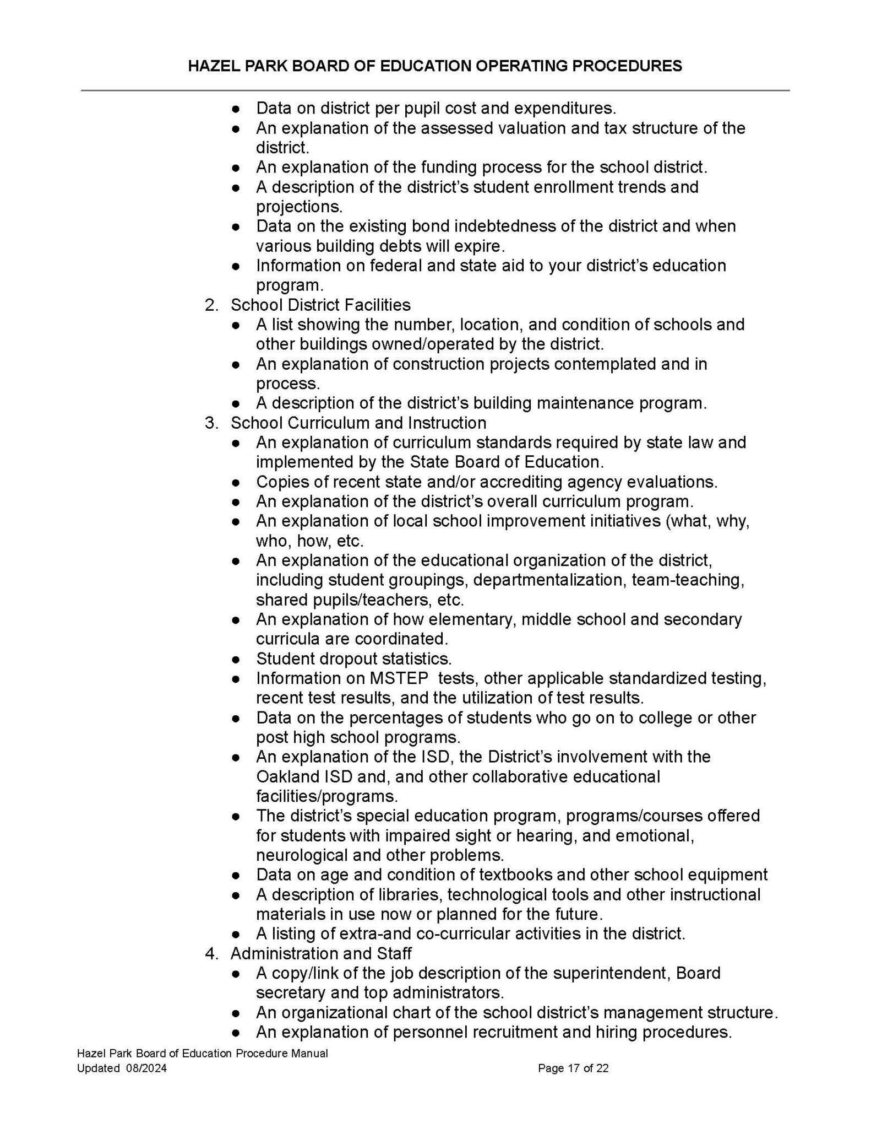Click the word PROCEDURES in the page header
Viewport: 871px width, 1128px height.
627,66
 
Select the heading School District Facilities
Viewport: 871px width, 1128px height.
320,305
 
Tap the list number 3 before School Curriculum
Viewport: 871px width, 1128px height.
210,423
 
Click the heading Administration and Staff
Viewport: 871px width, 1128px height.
321,953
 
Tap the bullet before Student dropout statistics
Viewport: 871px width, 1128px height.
236,659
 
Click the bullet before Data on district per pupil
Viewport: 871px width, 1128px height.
236,109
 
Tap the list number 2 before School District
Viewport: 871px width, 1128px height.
210,305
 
